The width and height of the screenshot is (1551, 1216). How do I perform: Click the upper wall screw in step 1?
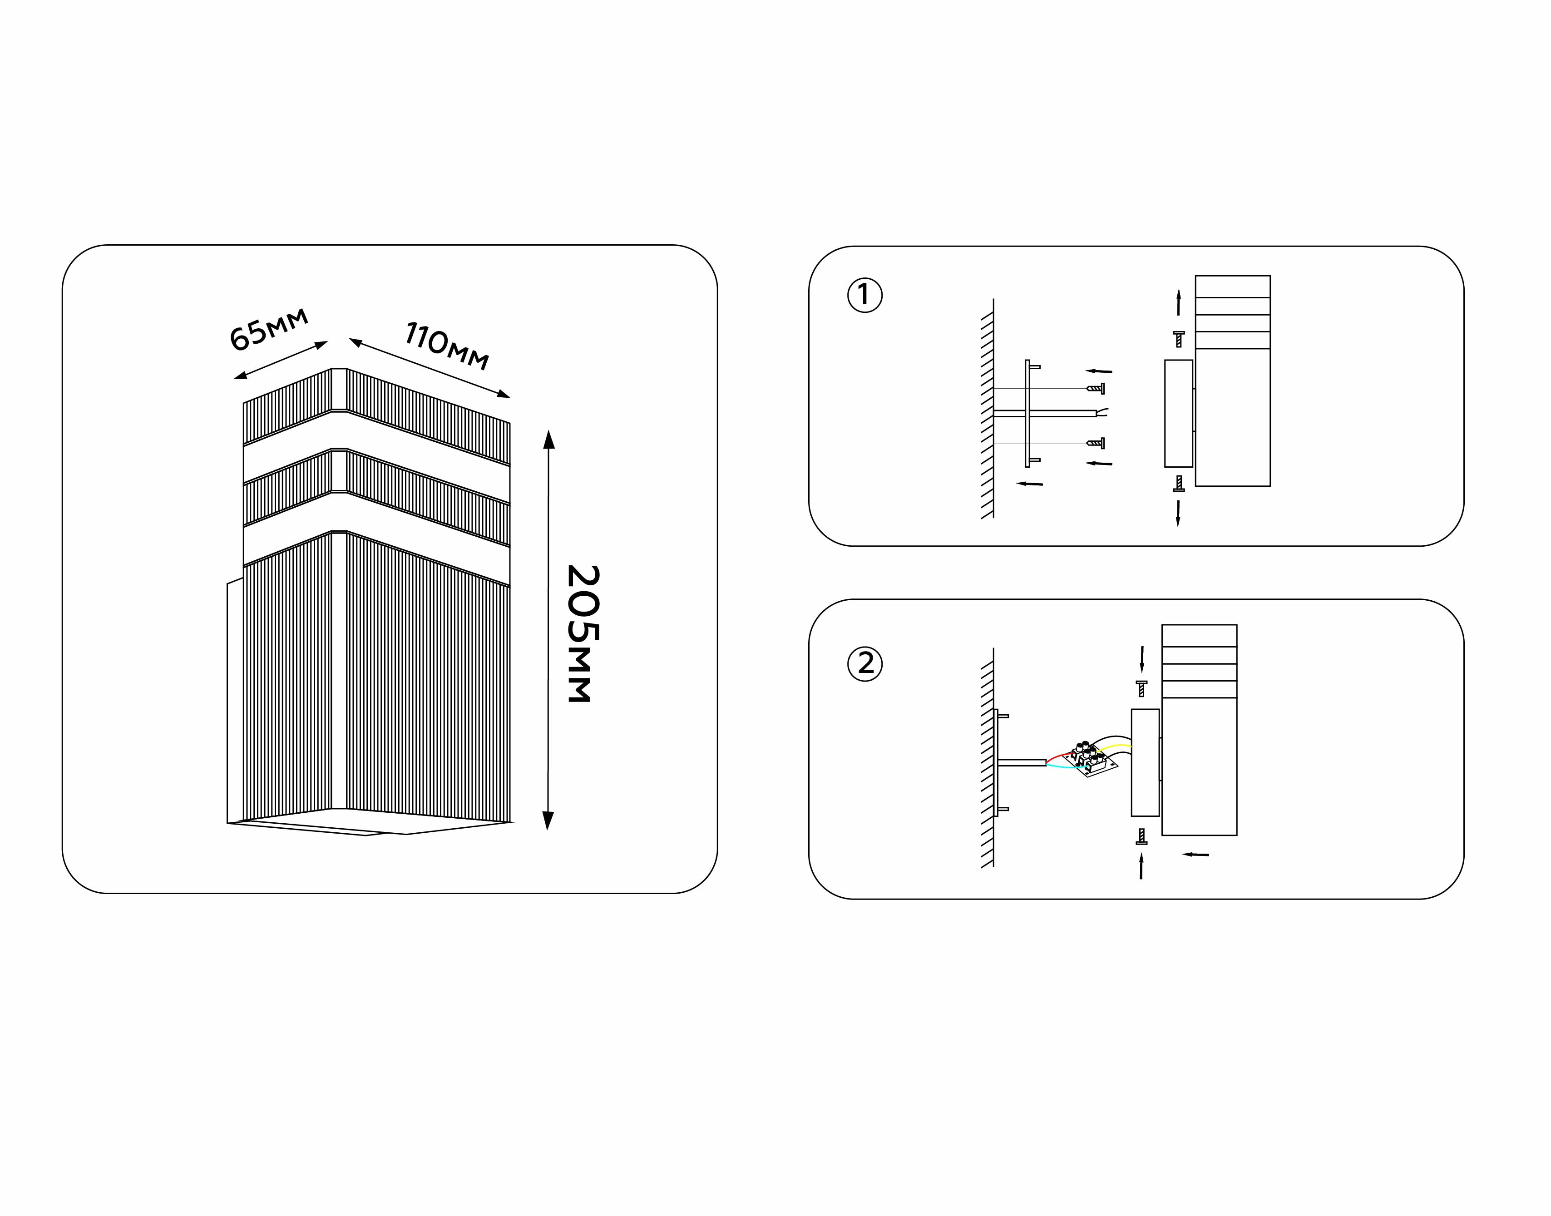[1096, 389]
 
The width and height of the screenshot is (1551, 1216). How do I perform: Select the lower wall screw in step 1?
[1096, 443]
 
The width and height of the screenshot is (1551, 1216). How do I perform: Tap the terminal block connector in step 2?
[1090, 759]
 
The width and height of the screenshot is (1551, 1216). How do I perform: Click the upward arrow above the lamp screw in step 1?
[1179, 302]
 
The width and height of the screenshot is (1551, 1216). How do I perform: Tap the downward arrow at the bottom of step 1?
[1178, 513]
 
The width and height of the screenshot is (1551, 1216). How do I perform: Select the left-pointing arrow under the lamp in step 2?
[1196, 854]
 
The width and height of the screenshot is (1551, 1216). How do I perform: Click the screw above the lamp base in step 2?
[1142, 688]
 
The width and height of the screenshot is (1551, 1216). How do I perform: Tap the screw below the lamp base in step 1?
[1179, 484]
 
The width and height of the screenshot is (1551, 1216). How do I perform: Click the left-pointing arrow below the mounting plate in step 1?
[1029, 484]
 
